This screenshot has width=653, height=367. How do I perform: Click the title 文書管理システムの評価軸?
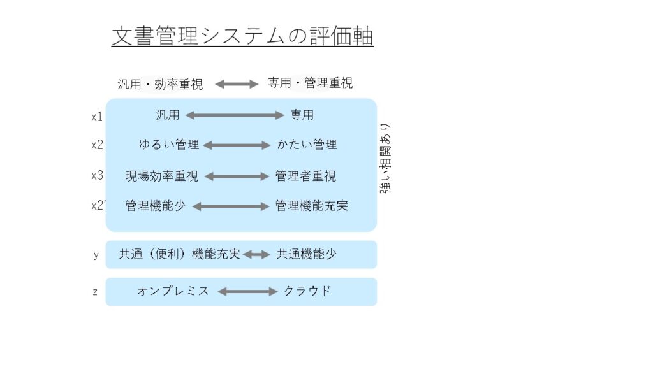tap(242, 36)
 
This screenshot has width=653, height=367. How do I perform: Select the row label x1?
tap(97, 117)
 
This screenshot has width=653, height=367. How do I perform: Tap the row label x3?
tap(97, 175)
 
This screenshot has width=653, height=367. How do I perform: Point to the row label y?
tap(96, 255)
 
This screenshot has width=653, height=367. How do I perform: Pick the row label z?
tap(96, 292)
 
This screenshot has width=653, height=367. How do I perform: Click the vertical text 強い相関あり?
tap(385, 158)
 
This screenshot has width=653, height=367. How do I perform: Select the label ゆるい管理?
tap(168, 145)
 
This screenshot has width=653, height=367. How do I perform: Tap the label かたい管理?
tap(307, 145)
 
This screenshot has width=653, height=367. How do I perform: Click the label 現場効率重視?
tap(162, 176)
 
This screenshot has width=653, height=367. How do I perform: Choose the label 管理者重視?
tap(305, 176)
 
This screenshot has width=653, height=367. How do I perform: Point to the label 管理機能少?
tap(156, 206)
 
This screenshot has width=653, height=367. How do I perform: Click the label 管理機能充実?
tap(311, 206)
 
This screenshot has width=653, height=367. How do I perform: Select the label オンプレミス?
tap(173, 291)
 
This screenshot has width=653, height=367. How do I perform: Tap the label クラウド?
tap(307, 291)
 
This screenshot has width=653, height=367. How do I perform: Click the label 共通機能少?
tap(307, 254)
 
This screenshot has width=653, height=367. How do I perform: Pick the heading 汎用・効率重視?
tap(160, 84)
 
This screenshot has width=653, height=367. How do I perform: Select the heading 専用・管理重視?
tap(311, 83)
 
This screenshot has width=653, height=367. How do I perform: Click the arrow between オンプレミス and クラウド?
tap(247, 292)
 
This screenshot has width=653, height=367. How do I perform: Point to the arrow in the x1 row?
tap(235, 115)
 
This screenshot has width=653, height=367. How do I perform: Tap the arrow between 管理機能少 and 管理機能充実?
tap(231, 206)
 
